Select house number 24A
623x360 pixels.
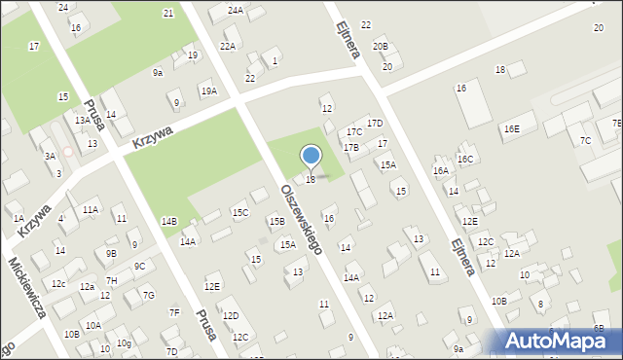(236, 10)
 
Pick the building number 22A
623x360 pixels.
(228, 46)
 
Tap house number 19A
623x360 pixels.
(208, 90)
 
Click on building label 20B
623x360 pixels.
(380, 46)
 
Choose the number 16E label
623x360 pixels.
(511, 129)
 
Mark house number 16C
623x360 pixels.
(465, 159)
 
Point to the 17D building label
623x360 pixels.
(375, 124)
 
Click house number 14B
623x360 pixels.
(169, 222)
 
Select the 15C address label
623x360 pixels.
(239, 212)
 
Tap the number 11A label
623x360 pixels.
(90, 209)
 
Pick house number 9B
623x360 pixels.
(111, 253)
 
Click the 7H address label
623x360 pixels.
(111, 280)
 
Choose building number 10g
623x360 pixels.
(124, 343)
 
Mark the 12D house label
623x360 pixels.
(231, 316)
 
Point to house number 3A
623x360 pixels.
(49, 156)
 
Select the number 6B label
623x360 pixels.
(598, 329)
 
